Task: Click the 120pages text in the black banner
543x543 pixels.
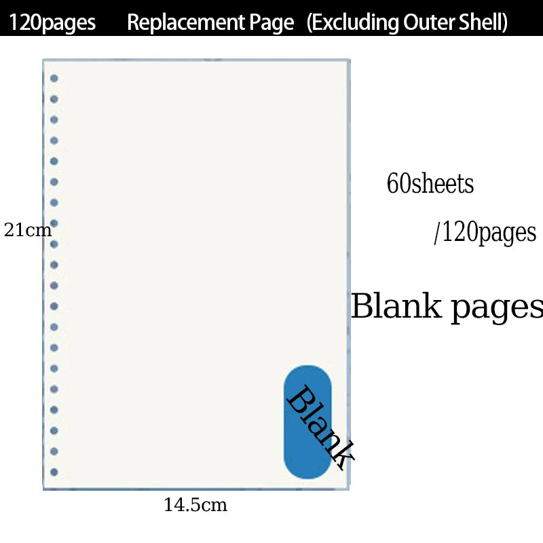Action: [x=52, y=22]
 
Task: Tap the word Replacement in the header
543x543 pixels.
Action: [x=185, y=22]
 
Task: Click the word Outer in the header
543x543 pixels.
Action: [x=429, y=22]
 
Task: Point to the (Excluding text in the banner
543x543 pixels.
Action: [x=353, y=22]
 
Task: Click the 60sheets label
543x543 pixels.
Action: [x=430, y=183]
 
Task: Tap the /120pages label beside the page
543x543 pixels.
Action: [x=485, y=232]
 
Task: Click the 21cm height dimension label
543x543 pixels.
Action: [x=28, y=230]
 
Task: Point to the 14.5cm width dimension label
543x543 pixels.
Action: [x=195, y=505]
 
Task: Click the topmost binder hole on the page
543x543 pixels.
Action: [x=54, y=78]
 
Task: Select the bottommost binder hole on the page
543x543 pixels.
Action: [x=54, y=472]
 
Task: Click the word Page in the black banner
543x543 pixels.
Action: [x=271, y=23]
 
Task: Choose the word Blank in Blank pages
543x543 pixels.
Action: [x=396, y=305]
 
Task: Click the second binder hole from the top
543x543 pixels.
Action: [x=54, y=99]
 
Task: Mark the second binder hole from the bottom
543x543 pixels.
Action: [x=54, y=451]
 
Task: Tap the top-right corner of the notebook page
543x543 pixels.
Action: [x=350, y=60]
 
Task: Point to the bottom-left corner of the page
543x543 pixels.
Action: [x=43, y=489]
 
